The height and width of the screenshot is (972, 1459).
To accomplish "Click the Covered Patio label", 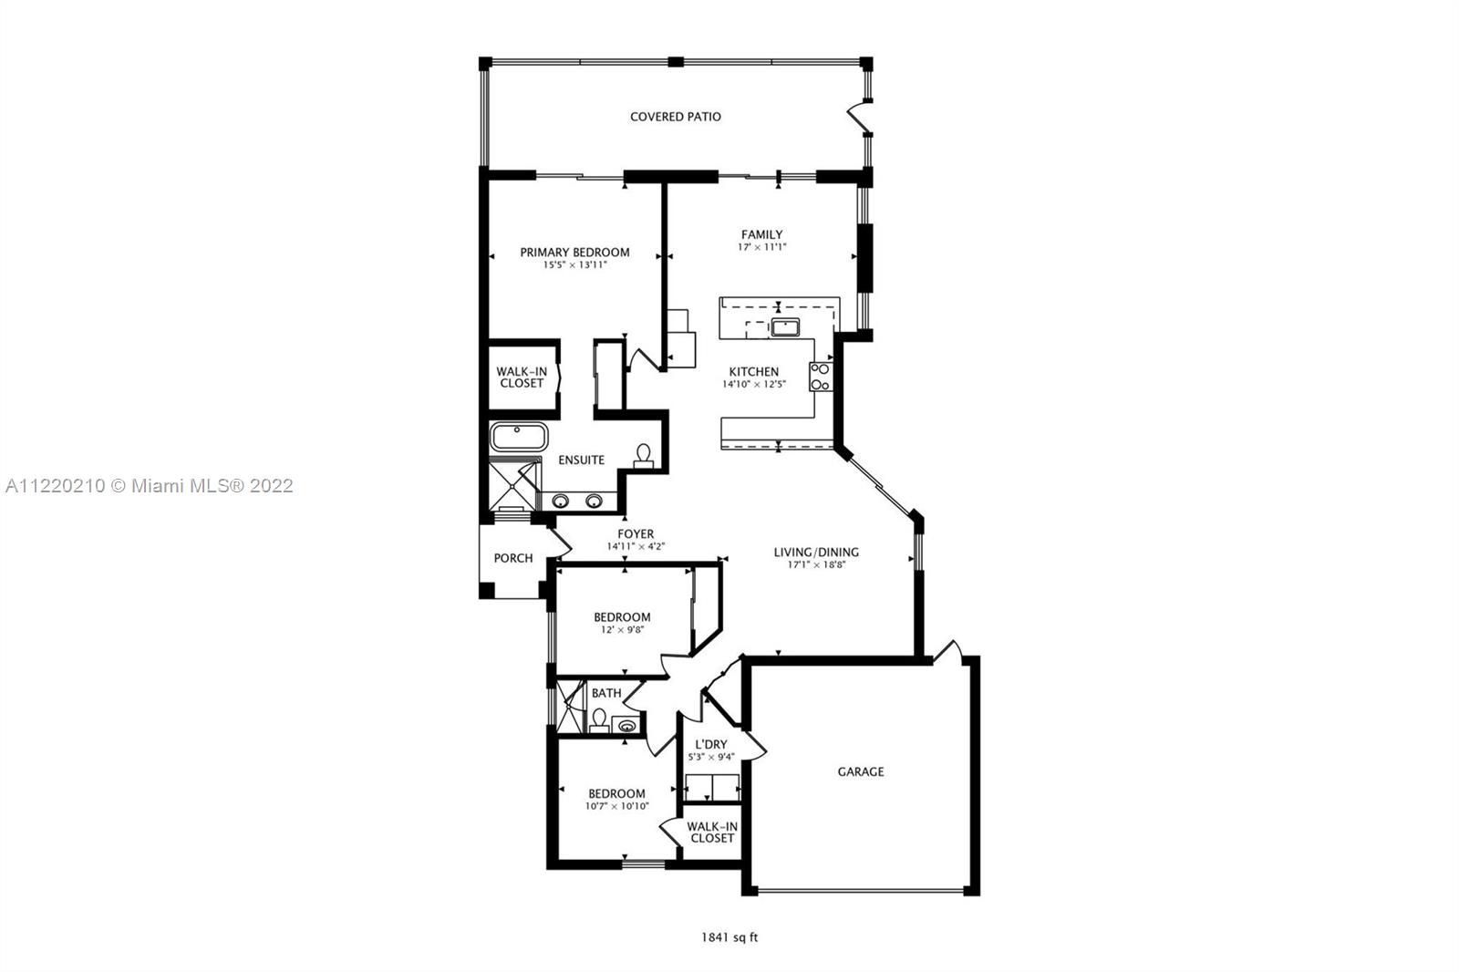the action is [676, 117].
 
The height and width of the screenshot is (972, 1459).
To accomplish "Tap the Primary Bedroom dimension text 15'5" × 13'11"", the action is [575, 265].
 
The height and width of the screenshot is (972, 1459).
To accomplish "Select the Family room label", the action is [762, 234].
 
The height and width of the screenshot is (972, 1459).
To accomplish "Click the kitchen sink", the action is [785, 327].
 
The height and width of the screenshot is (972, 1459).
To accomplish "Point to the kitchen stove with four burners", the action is [821, 377].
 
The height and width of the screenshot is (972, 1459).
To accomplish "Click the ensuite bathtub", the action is [519, 437].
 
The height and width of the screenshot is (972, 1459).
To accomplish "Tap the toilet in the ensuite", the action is [644, 456].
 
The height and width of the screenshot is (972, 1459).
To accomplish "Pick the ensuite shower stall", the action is [514, 485].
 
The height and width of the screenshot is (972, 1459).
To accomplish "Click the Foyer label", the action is [636, 534].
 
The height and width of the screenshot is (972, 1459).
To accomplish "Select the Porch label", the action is [513, 558].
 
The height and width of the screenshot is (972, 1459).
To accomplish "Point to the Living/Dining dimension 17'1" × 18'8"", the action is [816, 564].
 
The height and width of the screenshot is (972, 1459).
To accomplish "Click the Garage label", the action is [861, 772].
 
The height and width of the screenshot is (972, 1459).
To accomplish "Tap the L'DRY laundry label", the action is [711, 745].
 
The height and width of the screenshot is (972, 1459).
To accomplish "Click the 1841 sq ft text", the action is [729, 937].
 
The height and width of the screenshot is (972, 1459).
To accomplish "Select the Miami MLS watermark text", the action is [150, 486].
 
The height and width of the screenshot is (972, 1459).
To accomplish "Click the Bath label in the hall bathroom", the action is [606, 693].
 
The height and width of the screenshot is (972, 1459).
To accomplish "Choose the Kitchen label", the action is [753, 372].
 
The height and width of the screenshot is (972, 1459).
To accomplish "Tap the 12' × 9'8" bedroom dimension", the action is [622, 630].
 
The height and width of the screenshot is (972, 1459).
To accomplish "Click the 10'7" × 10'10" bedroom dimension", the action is [616, 807].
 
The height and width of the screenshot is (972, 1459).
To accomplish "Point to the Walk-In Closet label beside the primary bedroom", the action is [522, 377].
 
